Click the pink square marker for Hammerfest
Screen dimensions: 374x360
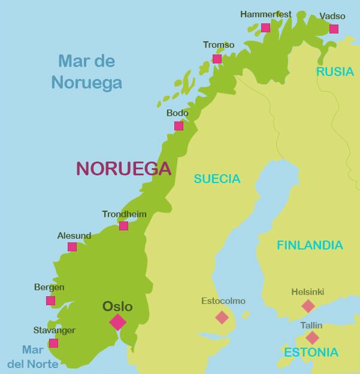click(x=265, y=28)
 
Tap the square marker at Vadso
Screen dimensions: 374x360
click(x=334, y=29)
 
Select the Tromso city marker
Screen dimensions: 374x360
click(x=217, y=59)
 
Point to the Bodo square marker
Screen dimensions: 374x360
click(x=179, y=126)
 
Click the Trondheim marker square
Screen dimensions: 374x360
click(x=123, y=226)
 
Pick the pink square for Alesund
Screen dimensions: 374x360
click(x=72, y=247)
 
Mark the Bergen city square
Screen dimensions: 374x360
click(x=50, y=300)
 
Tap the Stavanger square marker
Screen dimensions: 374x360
click(x=53, y=343)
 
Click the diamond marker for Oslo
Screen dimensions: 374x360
click(x=117, y=322)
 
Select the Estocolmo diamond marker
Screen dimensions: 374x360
click(x=222, y=317)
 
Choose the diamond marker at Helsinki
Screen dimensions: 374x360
click(x=308, y=306)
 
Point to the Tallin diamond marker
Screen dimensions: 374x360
click(x=312, y=337)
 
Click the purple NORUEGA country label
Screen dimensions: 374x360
click(x=123, y=169)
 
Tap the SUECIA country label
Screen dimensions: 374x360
click(x=216, y=179)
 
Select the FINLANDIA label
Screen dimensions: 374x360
click(x=309, y=245)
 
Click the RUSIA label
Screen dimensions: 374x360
click(x=335, y=72)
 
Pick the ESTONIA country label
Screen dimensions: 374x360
click(x=311, y=352)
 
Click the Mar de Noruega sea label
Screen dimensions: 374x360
click(x=87, y=71)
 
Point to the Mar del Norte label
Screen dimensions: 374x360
click(x=32, y=357)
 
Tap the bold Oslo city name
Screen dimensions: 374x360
click(x=117, y=306)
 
